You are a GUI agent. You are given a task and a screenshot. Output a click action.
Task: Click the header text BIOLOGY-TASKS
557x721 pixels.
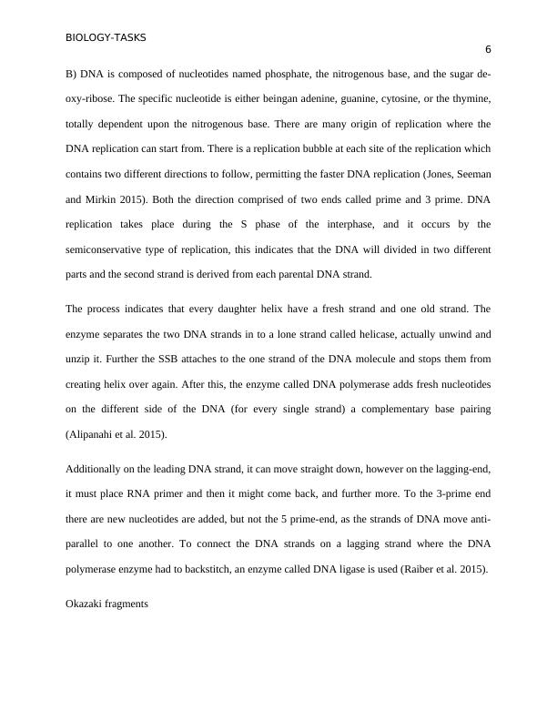[106, 38]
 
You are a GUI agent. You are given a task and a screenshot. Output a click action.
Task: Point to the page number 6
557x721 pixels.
[488, 50]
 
